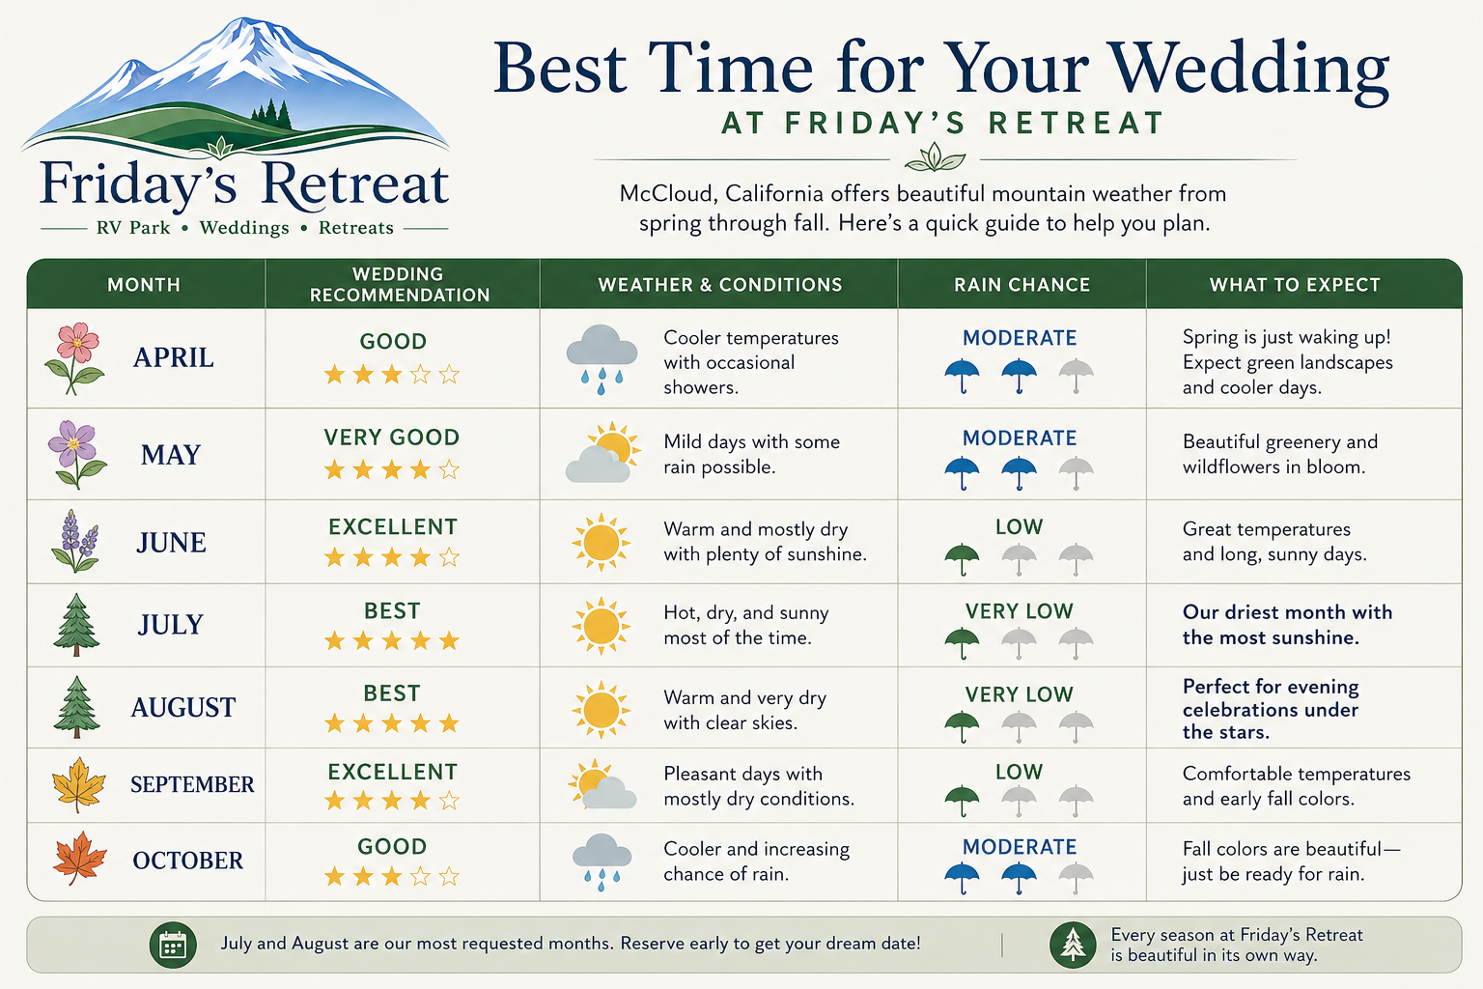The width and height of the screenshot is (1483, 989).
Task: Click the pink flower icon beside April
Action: [x=74, y=357]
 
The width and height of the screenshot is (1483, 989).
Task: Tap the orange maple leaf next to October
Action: [x=79, y=859]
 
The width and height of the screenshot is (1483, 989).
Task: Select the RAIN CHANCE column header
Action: [x=1021, y=285]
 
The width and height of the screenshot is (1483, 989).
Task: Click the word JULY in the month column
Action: [x=171, y=625]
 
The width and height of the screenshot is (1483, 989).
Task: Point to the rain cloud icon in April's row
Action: [x=602, y=359]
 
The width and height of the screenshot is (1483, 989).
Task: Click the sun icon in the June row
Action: [x=602, y=542]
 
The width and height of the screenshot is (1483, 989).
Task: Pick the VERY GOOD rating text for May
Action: [x=391, y=438]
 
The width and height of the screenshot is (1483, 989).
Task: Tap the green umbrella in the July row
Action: [x=962, y=642]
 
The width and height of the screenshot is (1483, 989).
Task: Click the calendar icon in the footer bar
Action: [x=173, y=946]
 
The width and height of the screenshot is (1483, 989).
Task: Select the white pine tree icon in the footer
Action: [x=1073, y=946]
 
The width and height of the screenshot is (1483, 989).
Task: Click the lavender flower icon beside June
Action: [x=75, y=541]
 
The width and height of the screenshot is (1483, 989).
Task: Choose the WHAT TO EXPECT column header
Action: [x=1295, y=285]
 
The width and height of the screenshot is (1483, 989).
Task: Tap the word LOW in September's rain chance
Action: [x=1019, y=772]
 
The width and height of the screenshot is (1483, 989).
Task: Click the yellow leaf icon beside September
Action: [x=79, y=784]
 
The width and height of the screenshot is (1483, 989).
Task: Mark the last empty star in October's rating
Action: [x=450, y=876]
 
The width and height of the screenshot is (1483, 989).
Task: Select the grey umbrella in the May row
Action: [x=1076, y=472]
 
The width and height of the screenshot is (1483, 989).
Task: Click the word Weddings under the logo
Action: [x=244, y=228]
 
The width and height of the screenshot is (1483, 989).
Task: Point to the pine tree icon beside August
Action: [x=77, y=707]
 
